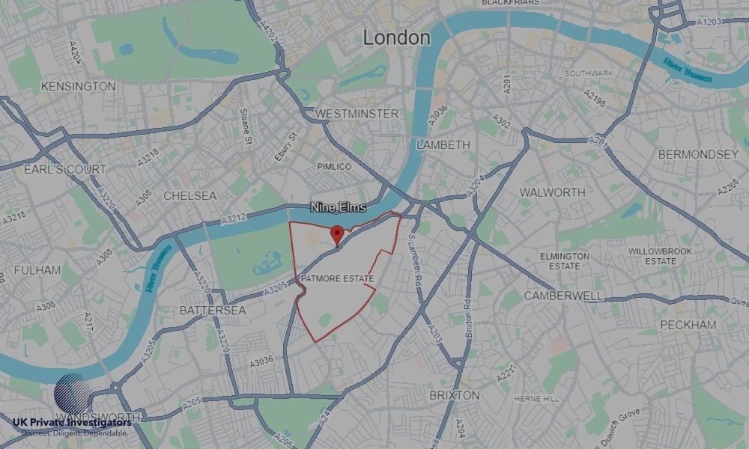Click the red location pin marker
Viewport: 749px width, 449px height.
(x=337, y=234)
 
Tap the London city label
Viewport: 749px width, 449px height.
(x=396, y=37)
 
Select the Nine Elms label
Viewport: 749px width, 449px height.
(x=339, y=207)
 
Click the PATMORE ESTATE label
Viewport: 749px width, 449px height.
(x=337, y=279)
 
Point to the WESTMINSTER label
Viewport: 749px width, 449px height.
(x=357, y=113)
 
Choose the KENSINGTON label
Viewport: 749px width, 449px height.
(x=79, y=86)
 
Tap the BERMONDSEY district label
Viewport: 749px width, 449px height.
(x=698, y=154)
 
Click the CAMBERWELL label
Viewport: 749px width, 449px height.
(x=562, y=296)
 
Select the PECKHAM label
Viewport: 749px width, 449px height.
(x=688, y=325)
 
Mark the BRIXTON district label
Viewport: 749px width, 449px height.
(x=454, y=394)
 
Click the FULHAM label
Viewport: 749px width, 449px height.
(x=37, y=269)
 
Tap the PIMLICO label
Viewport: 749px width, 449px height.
(x=334, y=166)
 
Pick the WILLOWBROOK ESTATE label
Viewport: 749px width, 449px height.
(x=652, y=257)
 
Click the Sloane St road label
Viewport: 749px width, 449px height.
(x=243, y=120)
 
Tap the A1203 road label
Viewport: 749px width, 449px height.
(x=711, y=22)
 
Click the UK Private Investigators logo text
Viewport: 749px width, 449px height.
(x=72, y=424)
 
